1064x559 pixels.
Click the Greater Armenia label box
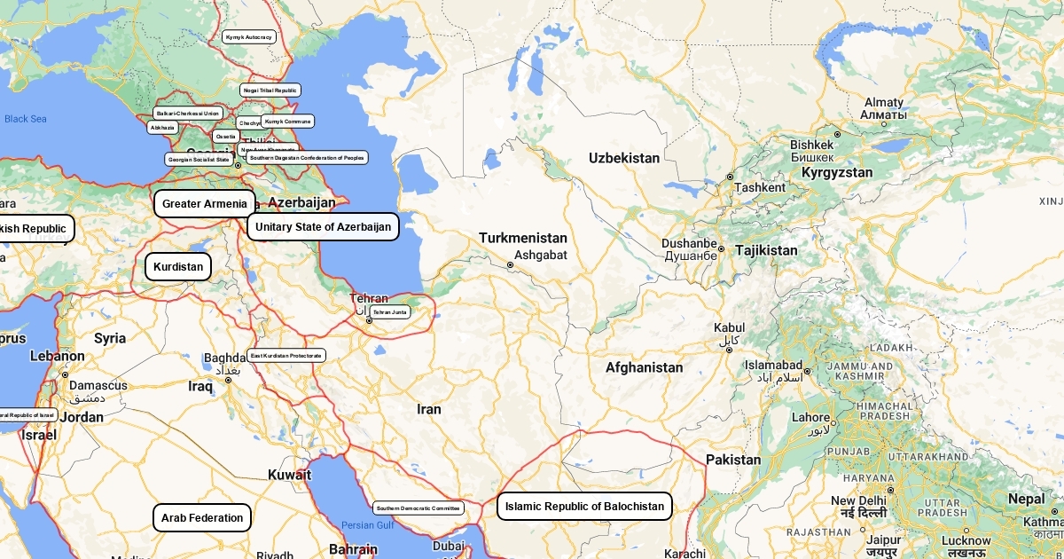point(205,204)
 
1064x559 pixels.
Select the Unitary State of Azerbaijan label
point(323,227)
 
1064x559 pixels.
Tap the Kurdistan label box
point(178,266)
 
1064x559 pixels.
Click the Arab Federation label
point(202,518)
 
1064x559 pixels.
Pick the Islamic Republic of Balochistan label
point(584,507)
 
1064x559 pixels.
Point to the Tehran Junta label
point(390,312)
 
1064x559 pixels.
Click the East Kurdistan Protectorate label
point(286,356)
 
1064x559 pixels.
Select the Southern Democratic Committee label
point(419,508)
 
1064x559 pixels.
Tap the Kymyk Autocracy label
point(248,37)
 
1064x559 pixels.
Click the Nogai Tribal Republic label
point(270,91)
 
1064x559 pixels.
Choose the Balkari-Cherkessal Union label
point(187,114)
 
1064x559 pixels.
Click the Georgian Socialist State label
point(199,160)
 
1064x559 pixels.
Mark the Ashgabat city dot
point(510,265)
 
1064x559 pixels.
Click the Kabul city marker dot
point(729,350)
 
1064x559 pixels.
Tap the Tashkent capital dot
point(730,177)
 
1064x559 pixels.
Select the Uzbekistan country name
point(624,158)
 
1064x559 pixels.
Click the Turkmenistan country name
point(523,238)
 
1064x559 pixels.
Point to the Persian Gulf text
point(368,525)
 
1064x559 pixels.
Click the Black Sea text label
point(26,119)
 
